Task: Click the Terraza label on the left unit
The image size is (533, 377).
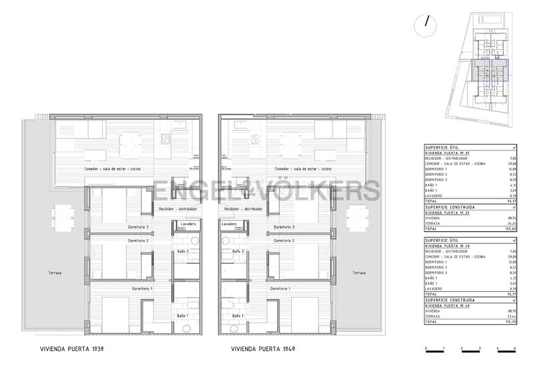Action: (x=46, y=273)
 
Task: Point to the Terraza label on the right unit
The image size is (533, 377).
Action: (x=359, y=273)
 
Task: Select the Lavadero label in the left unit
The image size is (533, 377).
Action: (x=188, y=224)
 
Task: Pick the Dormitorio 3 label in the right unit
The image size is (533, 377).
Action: (x=284, y=227)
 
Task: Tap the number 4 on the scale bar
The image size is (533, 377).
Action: (x=497, y=349)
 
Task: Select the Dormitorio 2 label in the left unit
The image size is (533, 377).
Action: (x=138, y=240)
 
